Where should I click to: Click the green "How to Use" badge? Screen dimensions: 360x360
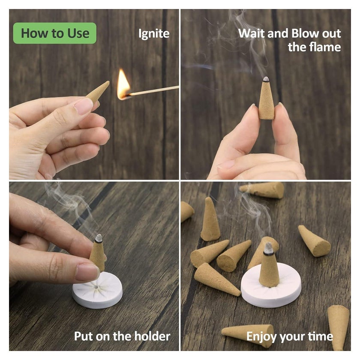[55, 33]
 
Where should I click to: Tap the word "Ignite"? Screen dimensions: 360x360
[154, 34]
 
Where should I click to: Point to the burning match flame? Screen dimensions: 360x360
[123, 84]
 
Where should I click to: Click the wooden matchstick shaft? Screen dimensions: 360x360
[154, 90]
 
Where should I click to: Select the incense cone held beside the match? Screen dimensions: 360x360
[98, 92]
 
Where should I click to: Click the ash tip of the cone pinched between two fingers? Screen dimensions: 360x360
[266, 79]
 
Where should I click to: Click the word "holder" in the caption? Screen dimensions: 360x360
[152, 336]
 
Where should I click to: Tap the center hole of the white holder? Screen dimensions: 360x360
[96, 287]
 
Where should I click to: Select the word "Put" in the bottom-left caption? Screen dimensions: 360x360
[83, 336]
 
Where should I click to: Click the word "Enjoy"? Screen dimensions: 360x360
[261, 337]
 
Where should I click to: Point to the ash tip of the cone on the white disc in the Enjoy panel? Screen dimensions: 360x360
[268, 248]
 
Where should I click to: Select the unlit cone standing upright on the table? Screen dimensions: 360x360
[210, 219]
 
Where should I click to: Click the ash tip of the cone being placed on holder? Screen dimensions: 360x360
[99, 238]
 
